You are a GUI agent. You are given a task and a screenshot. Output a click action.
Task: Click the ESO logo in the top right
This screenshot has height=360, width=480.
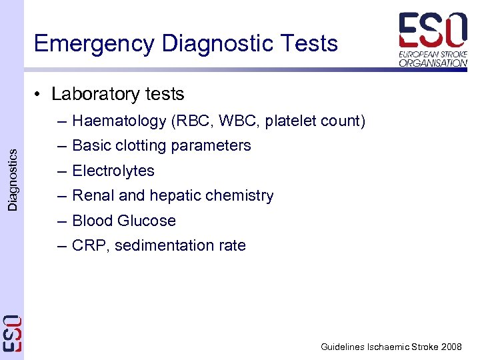pos(433,39)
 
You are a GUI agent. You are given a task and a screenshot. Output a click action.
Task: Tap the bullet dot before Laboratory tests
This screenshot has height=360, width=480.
pos(39,95)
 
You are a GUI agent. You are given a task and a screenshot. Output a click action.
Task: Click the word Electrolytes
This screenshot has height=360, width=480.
pos(113,171)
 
